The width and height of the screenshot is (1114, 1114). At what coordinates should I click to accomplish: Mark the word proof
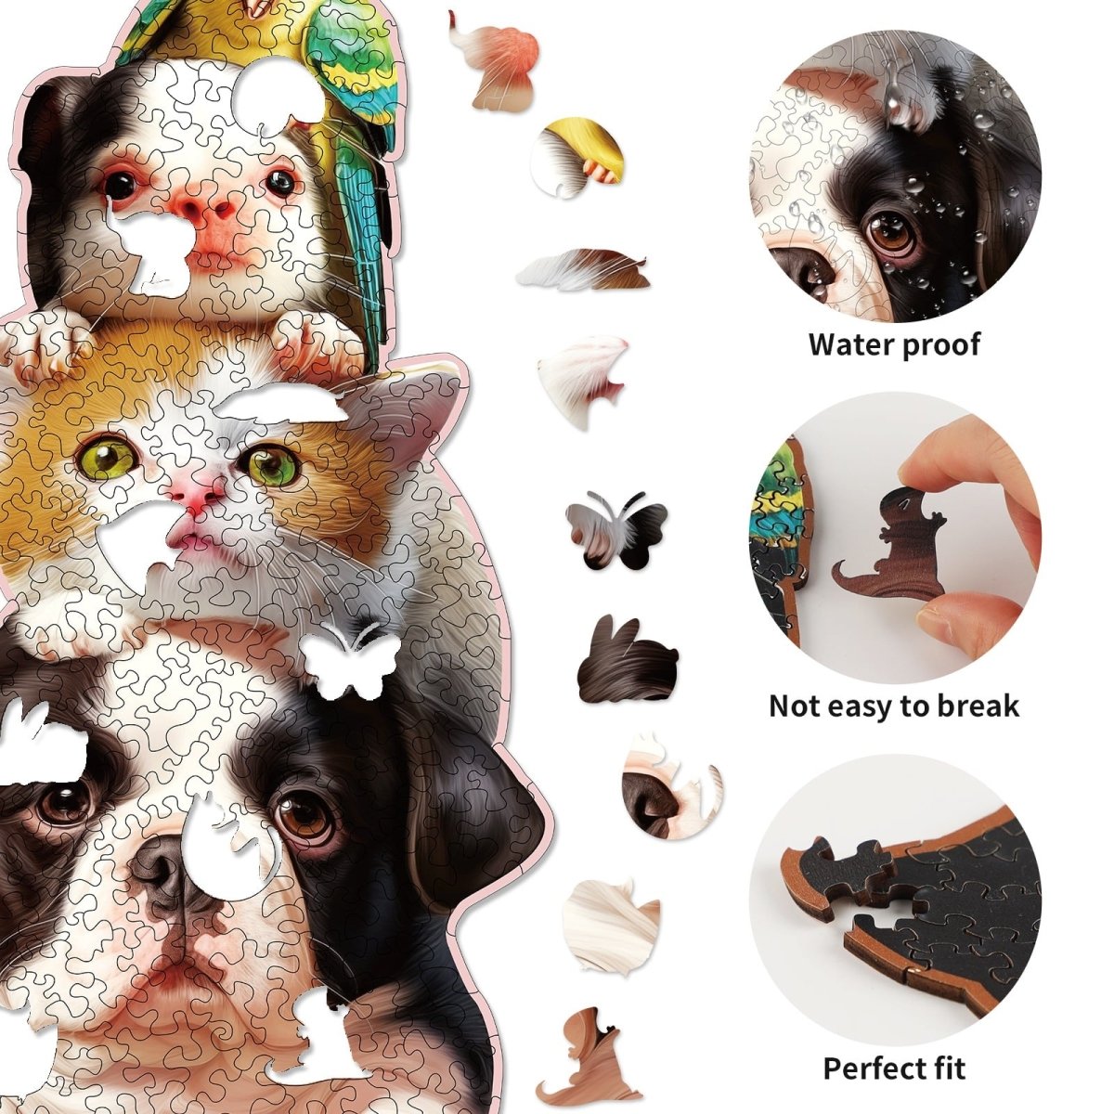pyautogui.click(x=939, y=344)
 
